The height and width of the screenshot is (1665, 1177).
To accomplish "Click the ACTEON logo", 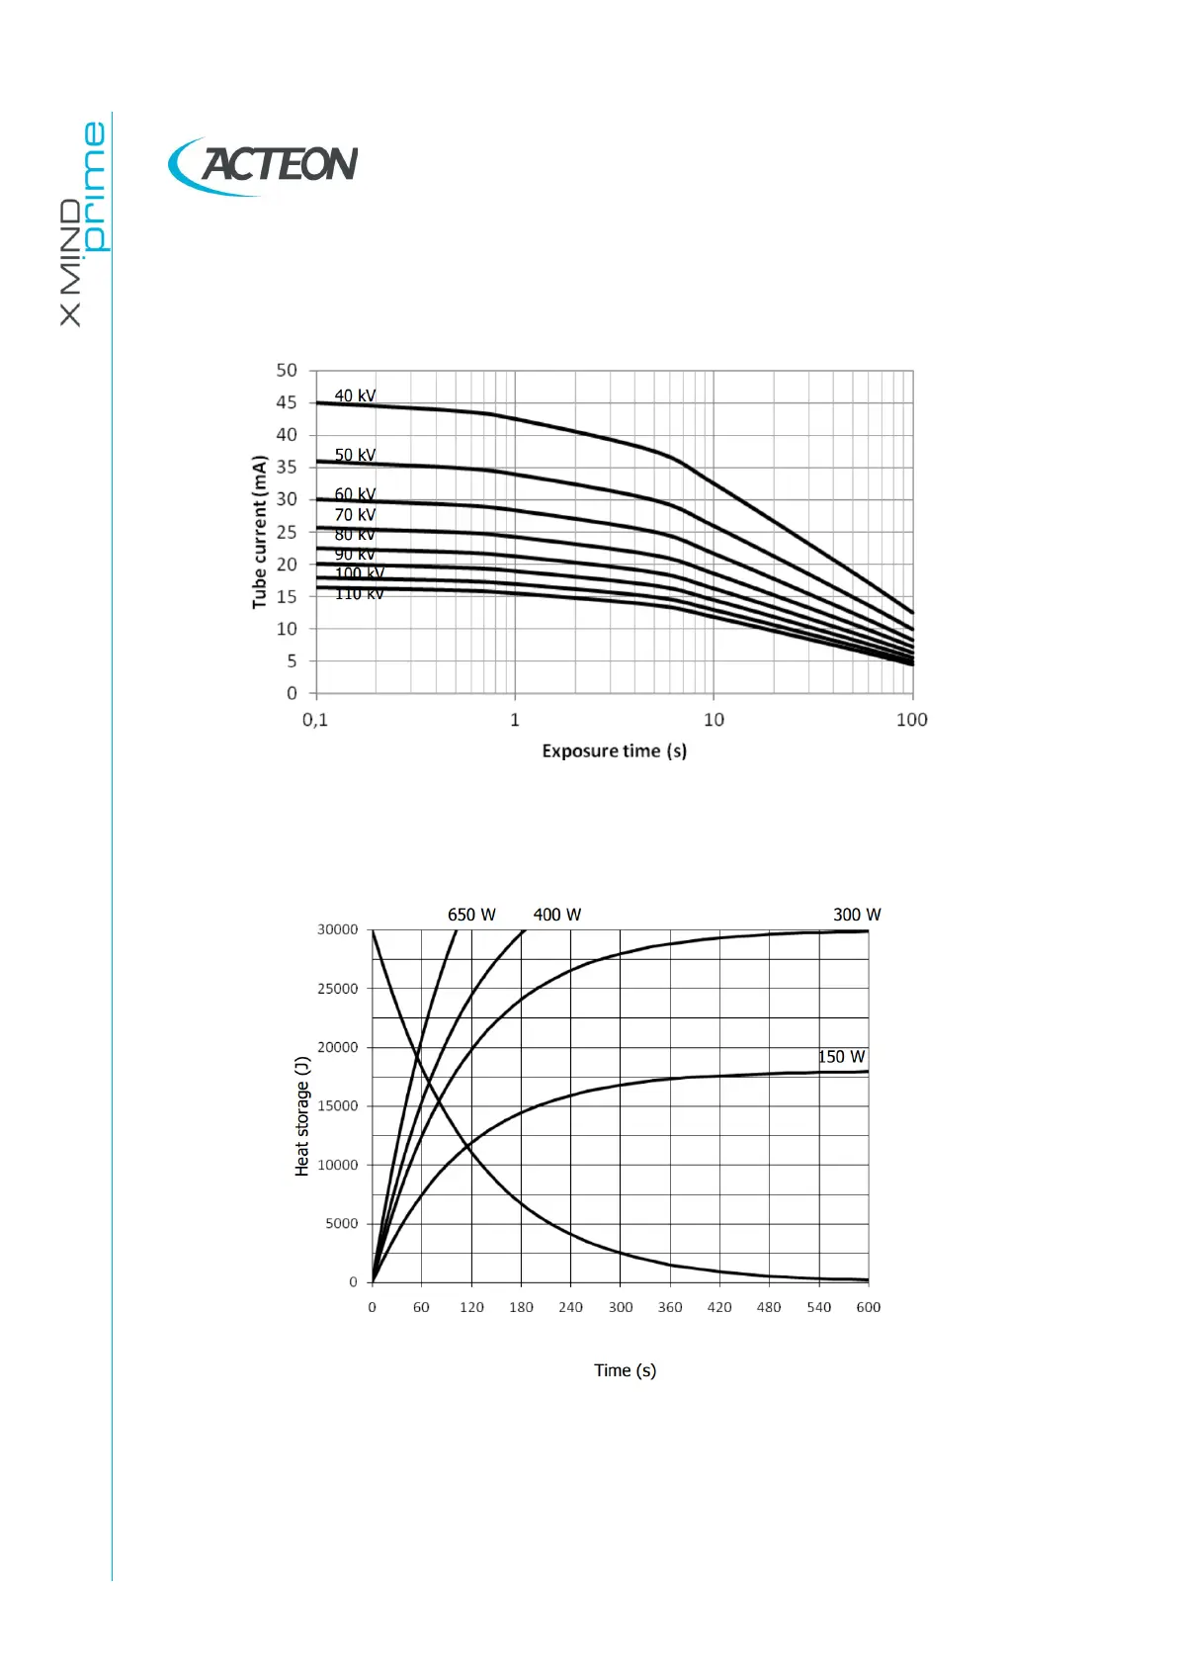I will point(264,165).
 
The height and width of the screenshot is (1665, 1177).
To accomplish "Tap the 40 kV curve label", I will point(355,395).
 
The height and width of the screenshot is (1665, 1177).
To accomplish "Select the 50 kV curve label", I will point(355,455).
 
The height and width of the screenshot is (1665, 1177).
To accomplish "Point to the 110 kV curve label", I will point(359,594).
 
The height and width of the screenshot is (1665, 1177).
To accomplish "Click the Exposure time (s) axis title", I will point(614,751).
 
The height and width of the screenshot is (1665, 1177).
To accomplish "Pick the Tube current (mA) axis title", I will point(260,532).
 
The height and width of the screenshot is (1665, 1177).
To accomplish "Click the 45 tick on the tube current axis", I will point(287,402).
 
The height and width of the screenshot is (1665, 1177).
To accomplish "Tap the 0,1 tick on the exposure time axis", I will point(315,720).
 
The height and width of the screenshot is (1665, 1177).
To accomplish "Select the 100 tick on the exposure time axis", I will point(911,720).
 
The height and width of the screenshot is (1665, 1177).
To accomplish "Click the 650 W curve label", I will point(471,915).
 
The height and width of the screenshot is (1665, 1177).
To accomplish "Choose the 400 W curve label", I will point(557,915).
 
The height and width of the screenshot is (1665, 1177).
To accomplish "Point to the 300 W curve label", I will point(857,915).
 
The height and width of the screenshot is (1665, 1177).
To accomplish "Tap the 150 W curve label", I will point(841,1057).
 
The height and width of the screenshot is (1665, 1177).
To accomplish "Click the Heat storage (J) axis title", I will point(302,1116).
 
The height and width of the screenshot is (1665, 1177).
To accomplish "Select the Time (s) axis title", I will point(625,1370).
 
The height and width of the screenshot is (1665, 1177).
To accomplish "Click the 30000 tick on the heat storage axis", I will point(338,929).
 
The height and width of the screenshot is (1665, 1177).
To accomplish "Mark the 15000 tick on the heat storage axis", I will point(338,1106).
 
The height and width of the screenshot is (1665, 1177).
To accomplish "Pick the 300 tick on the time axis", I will point(621,1307).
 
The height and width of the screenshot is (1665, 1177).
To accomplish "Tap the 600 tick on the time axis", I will point(868,1307).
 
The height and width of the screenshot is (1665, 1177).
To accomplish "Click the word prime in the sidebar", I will point(95,186).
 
